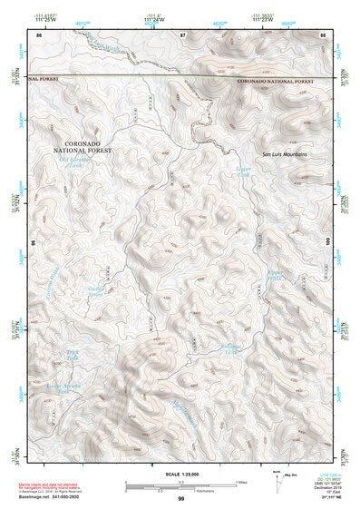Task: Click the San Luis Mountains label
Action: pyautogui.click(x=284, y=153)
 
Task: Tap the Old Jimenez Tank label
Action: pyautogui.click(x=76, y=162)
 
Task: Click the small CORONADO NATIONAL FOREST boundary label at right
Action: pyautogui.click(x=278, y=81)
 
